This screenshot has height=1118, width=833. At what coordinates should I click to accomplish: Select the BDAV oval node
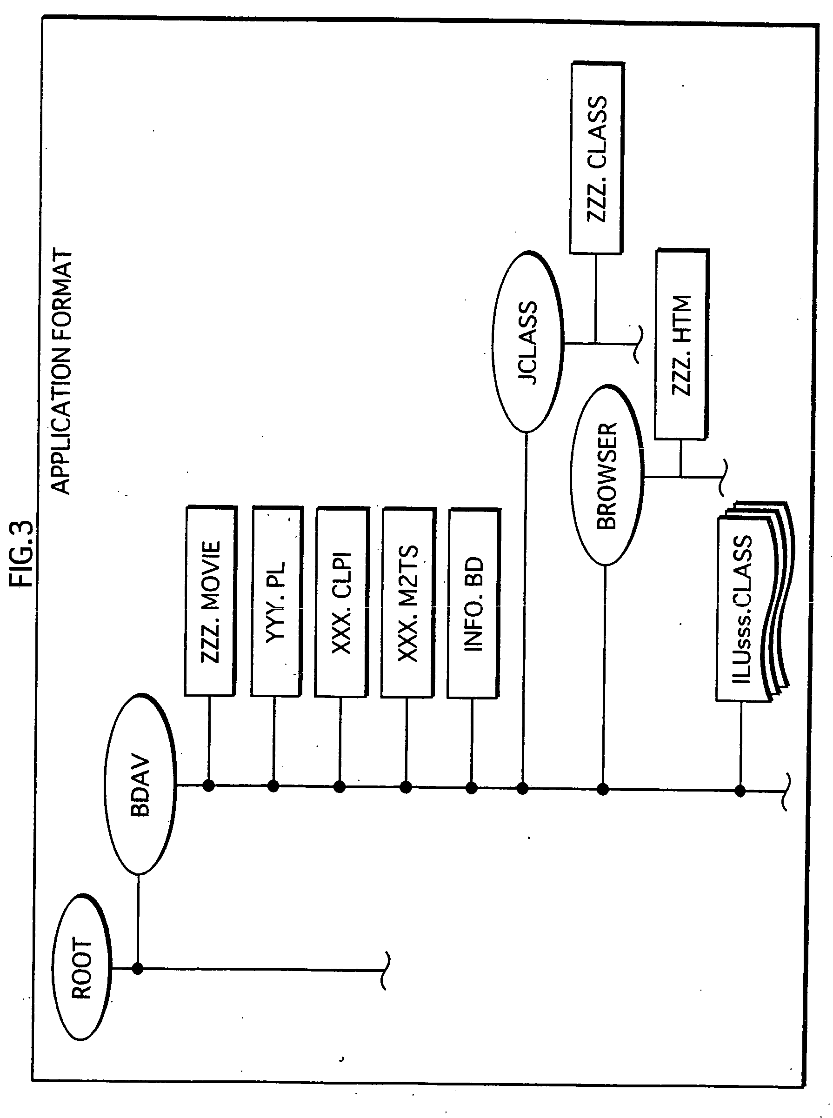140,784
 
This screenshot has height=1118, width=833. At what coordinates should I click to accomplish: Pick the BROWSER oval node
606,475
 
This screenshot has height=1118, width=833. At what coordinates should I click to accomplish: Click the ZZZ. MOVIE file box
210,601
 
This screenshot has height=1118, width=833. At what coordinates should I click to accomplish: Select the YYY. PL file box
276,601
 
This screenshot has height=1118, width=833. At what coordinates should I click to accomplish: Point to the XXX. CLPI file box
341,602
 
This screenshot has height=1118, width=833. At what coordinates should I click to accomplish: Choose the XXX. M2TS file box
407,602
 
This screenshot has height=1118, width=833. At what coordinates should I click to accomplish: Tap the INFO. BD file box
473,603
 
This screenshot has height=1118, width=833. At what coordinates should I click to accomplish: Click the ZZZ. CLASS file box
597,158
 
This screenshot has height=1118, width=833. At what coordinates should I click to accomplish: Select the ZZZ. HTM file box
682,345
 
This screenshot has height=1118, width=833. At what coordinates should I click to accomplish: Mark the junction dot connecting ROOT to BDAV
137,968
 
